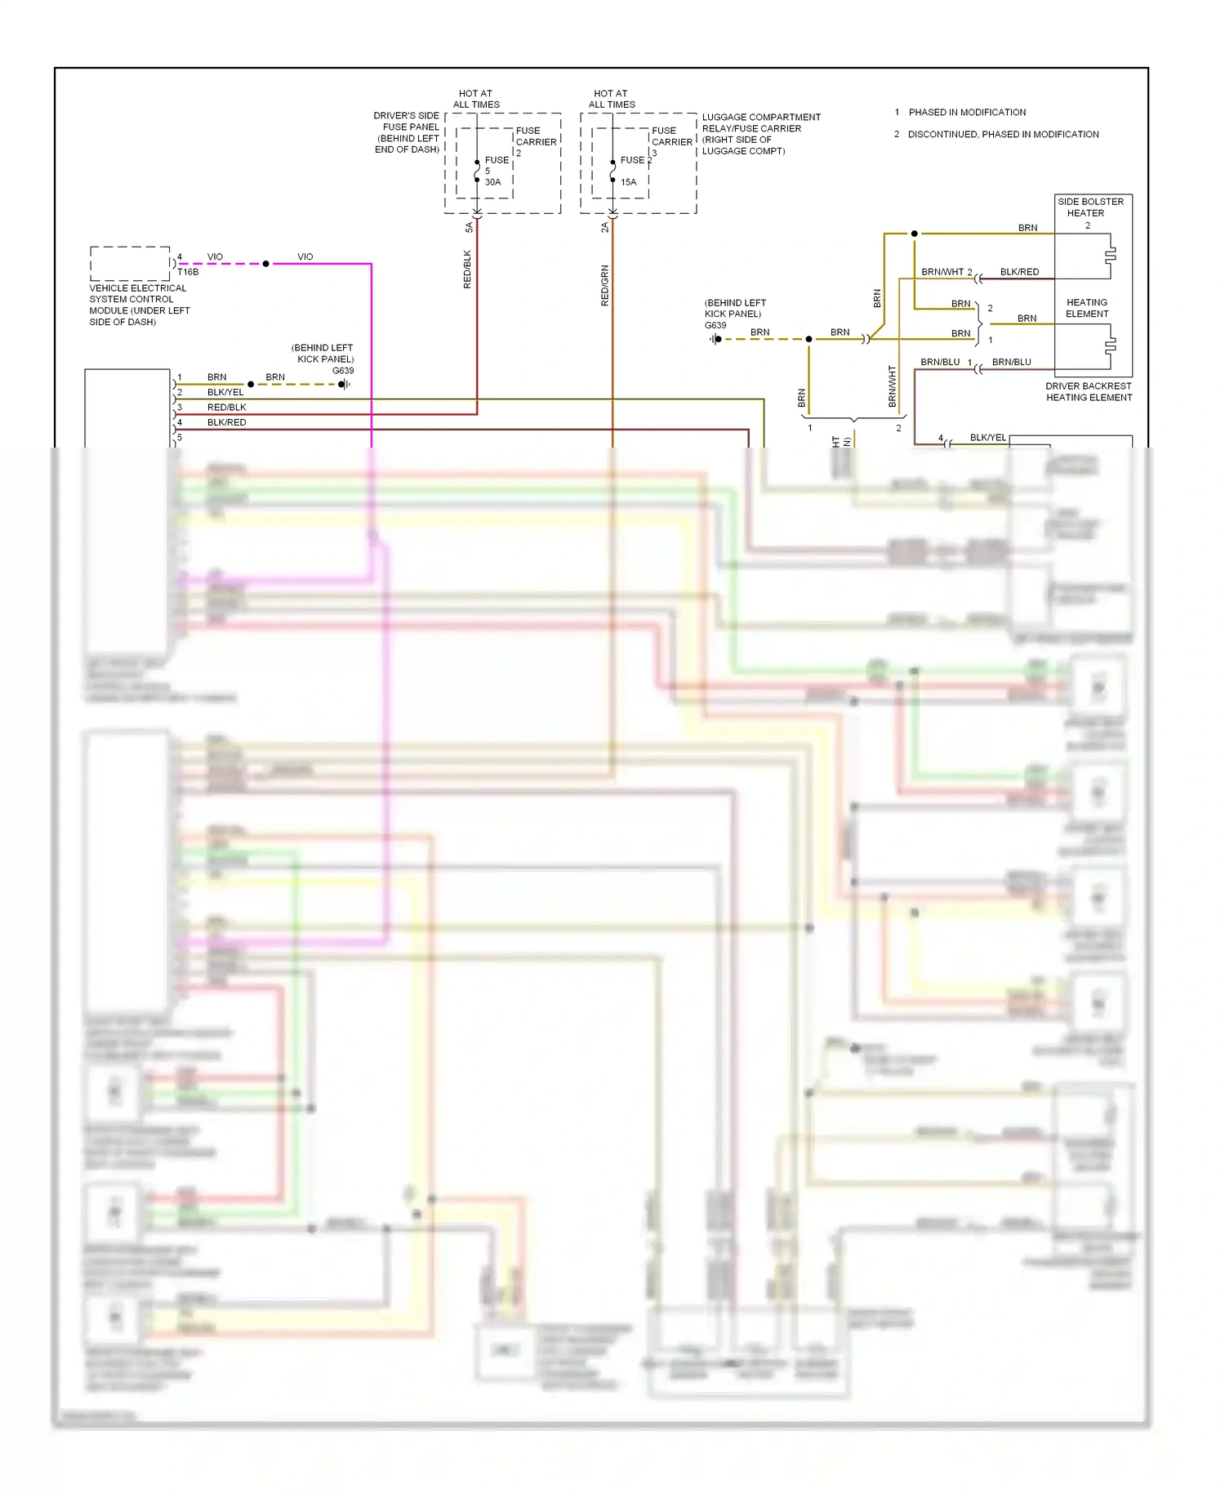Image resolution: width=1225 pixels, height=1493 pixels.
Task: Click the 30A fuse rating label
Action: click(492, 182)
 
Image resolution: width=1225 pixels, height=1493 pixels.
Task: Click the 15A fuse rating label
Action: click(628, 182)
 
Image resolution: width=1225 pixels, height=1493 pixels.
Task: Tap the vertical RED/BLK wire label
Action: click(467, 270)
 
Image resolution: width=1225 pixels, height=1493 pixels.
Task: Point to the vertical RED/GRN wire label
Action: click(604, 286)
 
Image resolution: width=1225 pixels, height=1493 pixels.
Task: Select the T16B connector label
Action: click(188, 272)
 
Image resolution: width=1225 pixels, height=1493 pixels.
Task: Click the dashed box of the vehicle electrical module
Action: click(130, 263)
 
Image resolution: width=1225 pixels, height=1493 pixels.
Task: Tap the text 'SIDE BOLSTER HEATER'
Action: click(1090, 207)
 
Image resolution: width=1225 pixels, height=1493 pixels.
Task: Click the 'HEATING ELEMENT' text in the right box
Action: click(1087, 308)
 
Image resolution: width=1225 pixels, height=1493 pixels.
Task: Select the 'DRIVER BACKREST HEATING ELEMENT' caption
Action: click(1089, 392)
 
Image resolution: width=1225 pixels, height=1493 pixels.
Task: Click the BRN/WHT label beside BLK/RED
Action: click(942, 272)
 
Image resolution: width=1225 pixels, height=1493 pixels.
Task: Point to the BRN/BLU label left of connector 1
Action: click(940, 362)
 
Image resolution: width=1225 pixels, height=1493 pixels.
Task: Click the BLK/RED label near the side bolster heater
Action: click(1019, 272)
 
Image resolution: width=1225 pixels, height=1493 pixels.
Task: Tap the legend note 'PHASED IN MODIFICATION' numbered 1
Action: click(967, 113)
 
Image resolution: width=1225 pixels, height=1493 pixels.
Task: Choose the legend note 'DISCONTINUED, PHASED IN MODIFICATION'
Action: click(1003, 135)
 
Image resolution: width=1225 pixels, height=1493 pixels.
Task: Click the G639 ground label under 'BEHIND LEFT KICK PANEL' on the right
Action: click(715, 325)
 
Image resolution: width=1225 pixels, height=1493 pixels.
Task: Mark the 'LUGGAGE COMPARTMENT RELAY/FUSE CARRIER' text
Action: click(761, 134)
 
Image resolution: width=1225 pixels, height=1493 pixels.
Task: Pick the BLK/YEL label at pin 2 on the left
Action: click(225, 392)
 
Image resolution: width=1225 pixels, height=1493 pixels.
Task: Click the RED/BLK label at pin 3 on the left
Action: click(226, 408)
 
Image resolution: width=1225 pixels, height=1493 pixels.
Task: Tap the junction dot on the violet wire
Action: click(265, 264)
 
